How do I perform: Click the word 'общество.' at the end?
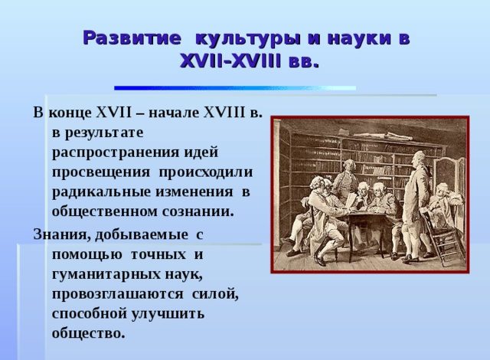[87, 334]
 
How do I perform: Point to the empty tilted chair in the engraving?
[441, 237]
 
